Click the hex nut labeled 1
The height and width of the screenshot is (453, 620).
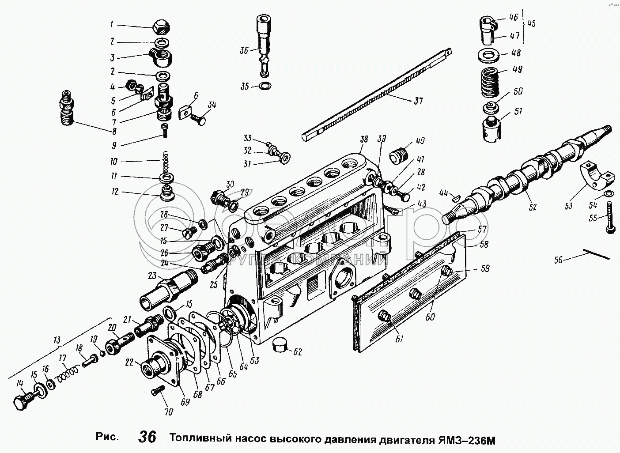161,27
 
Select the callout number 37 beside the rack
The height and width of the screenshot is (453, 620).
419,101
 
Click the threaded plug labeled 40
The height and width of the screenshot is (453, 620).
397,157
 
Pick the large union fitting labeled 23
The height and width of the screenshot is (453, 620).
168,290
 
